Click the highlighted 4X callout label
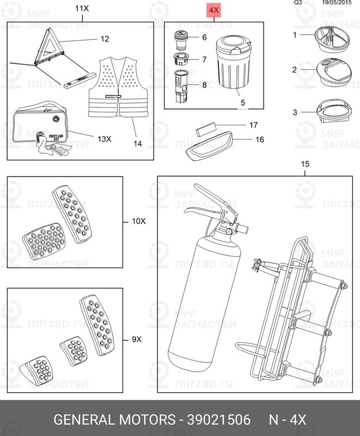point(214,10)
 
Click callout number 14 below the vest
point(137,144)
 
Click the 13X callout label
point(104,139)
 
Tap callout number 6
point(204,38)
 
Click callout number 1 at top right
point(295,35)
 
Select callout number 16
point(260,140)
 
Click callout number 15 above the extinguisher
point(305,164)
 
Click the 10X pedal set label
point(139,221)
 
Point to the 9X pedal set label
point(137,339)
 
